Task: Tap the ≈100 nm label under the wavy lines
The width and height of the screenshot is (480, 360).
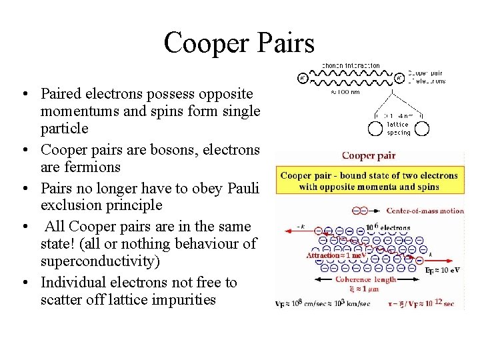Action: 345,93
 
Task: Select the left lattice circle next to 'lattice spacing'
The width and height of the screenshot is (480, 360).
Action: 373,124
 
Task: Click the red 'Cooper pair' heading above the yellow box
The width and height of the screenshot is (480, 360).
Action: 369,156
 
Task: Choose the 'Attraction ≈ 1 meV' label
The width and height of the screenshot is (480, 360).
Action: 336,255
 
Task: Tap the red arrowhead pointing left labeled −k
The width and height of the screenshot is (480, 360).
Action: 282,231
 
